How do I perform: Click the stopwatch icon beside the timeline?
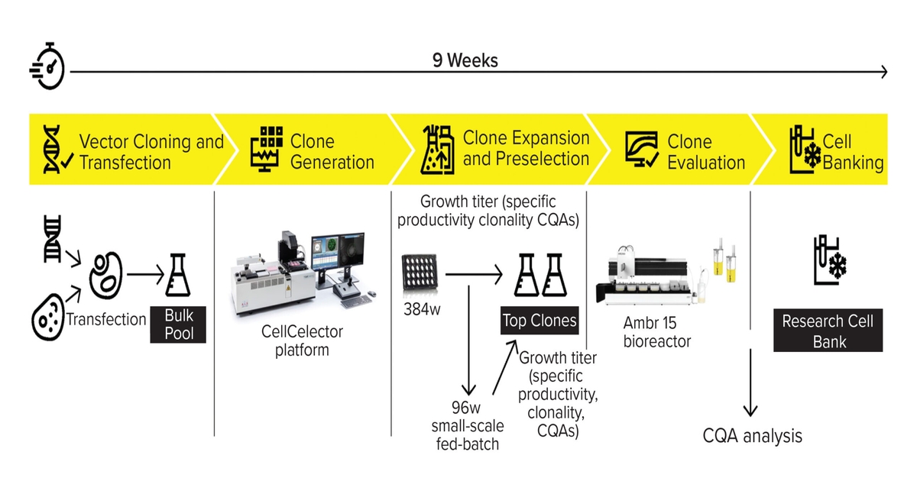47,66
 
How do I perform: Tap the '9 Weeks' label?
465,60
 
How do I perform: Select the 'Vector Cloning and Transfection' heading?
151,152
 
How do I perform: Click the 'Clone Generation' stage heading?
332,152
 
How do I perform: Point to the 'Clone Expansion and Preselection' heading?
526,148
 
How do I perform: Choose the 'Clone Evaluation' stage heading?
705,152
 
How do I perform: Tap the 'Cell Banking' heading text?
852,152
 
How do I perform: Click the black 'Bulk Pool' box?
179,324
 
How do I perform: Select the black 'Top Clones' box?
539,321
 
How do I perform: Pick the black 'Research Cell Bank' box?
828,331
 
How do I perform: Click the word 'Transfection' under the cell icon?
105,319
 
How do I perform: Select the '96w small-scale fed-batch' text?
468,425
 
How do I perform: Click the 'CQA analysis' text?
753,436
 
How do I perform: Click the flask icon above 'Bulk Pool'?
178,276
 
